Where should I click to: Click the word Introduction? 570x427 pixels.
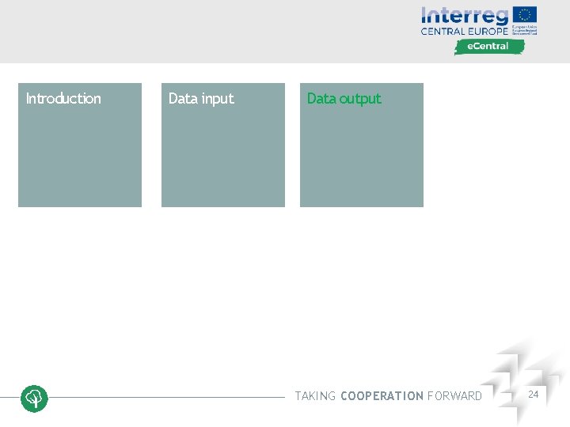tap(63, 99)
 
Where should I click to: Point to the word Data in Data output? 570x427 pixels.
tap(321, 99)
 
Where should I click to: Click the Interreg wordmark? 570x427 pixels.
tap(465, 16)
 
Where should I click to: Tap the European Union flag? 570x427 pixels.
tap(525, 14)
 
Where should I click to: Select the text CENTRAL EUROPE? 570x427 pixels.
tap(465, 32)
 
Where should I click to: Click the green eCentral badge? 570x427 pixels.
tap(489, 47)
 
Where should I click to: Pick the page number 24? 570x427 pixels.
tap(534, 394)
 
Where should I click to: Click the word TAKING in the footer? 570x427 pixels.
tap(315, 396)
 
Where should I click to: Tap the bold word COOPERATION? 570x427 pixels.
tap(382, 396)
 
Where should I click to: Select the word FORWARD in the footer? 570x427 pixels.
tap(454, 396)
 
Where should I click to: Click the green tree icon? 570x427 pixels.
tap(35, 398)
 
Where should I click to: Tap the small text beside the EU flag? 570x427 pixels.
tap(524, 30)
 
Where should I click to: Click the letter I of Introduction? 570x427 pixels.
tap(28, 99)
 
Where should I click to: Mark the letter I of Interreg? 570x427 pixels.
tap(424, 15)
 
